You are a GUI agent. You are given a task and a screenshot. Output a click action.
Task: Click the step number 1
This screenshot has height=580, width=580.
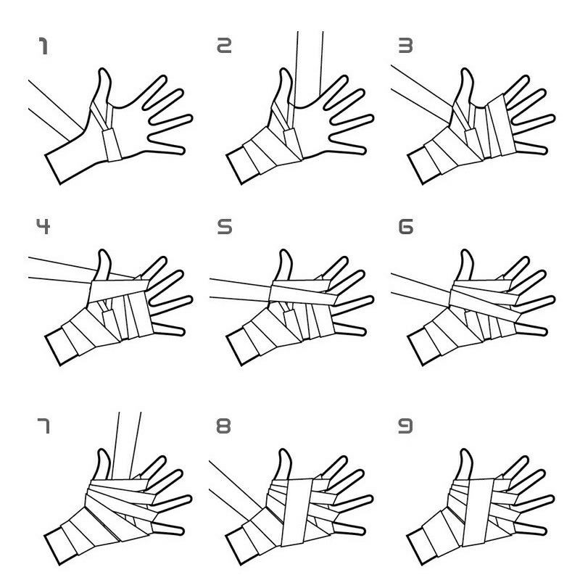point(43,46)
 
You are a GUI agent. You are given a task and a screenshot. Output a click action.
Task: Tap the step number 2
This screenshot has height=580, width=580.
point(224,45)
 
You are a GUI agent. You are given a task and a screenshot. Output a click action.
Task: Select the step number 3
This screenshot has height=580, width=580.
point(405,45)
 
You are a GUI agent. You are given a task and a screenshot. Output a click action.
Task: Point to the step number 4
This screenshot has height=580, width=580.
point(43,226)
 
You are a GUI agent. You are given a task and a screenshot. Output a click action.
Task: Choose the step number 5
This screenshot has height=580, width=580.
point(225,226)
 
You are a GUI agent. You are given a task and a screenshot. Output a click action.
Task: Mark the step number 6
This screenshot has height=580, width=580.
point(406,226)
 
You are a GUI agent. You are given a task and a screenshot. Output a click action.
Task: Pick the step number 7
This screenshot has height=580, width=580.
point(43,426)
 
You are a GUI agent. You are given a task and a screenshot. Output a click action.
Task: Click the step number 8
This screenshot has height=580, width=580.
point(223,426)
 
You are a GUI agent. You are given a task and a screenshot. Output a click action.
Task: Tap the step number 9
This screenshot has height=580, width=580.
point(405,426)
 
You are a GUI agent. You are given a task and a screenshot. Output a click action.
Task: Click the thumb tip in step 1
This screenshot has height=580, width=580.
point(103,70)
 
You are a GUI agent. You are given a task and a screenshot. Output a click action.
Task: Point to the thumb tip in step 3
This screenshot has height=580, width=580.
point(465,70)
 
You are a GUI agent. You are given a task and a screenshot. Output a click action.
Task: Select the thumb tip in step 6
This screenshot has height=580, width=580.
point(465,252)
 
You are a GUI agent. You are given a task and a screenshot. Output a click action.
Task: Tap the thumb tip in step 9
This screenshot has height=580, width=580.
point(465,451)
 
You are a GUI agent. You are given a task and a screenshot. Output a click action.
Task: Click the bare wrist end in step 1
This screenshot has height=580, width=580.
point(53,169)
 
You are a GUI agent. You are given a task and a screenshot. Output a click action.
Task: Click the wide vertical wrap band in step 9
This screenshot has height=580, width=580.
point(478,512)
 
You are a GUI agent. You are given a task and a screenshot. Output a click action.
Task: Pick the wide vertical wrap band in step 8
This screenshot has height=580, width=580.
point(297,512)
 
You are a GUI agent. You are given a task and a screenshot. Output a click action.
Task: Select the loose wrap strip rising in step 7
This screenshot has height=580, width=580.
point(126,445)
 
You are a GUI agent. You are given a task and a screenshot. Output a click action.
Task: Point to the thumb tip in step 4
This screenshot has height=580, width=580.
point(103,252)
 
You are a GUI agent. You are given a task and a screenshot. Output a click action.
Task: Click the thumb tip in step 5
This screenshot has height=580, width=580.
point(284,252)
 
